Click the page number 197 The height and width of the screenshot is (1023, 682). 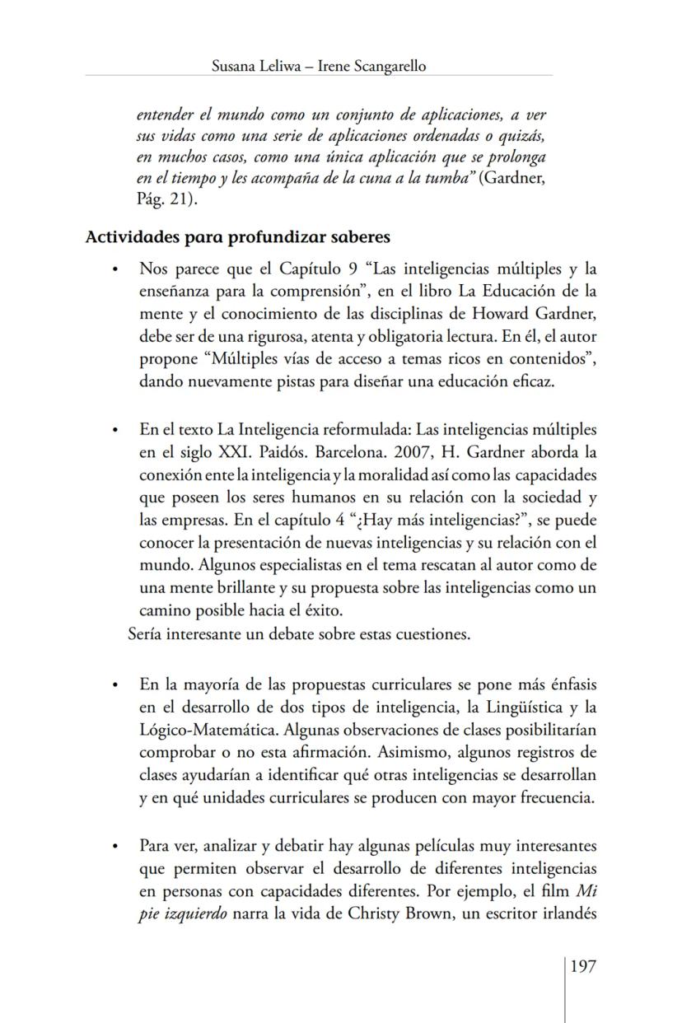pos(582,965)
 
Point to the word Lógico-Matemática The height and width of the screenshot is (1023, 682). pos(195,731)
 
